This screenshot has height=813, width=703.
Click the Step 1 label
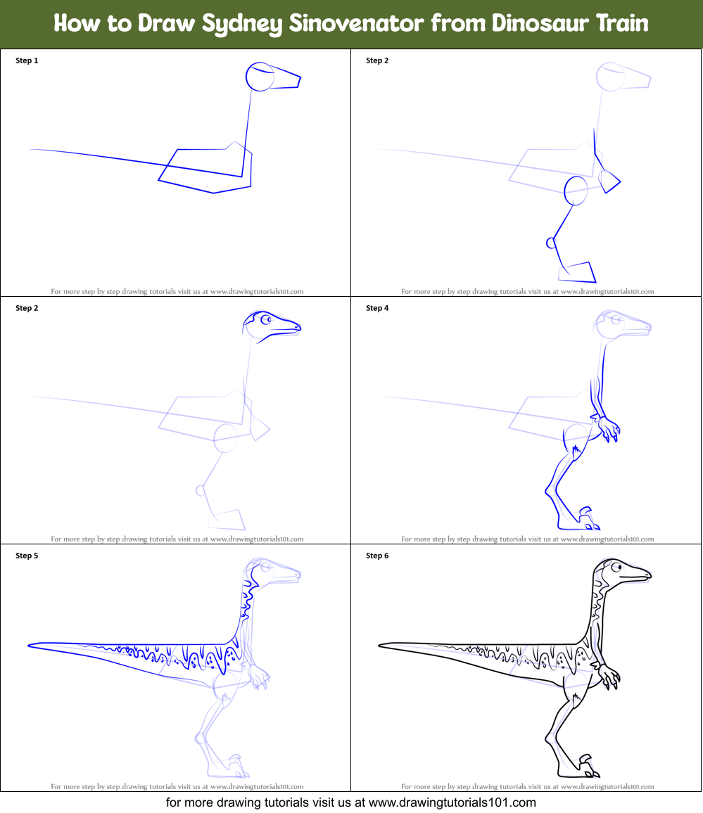[x=27, y=60]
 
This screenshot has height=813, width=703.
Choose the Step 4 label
[x=377, y=308]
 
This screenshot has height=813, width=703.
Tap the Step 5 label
[x=27, y=556]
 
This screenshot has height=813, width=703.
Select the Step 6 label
[x=377, y=556]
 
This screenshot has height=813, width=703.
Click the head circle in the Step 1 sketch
[x=260, y=76]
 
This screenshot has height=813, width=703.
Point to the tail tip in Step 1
[x=32, y=150]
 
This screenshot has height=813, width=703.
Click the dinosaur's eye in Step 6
[x=616, y=568]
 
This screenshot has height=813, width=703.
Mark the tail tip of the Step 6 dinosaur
[x=381, y=644]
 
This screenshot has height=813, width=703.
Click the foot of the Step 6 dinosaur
[x=585, y=770]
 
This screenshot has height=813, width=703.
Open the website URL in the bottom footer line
[x=452, y=802]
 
